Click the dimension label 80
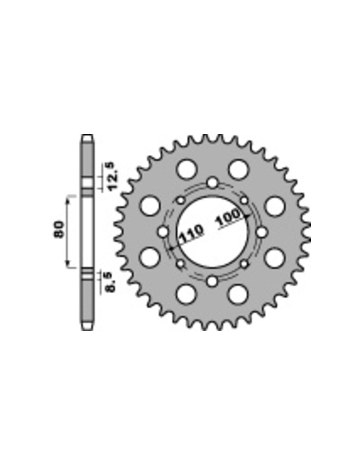click(59, 229)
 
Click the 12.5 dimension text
click(113, 177)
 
